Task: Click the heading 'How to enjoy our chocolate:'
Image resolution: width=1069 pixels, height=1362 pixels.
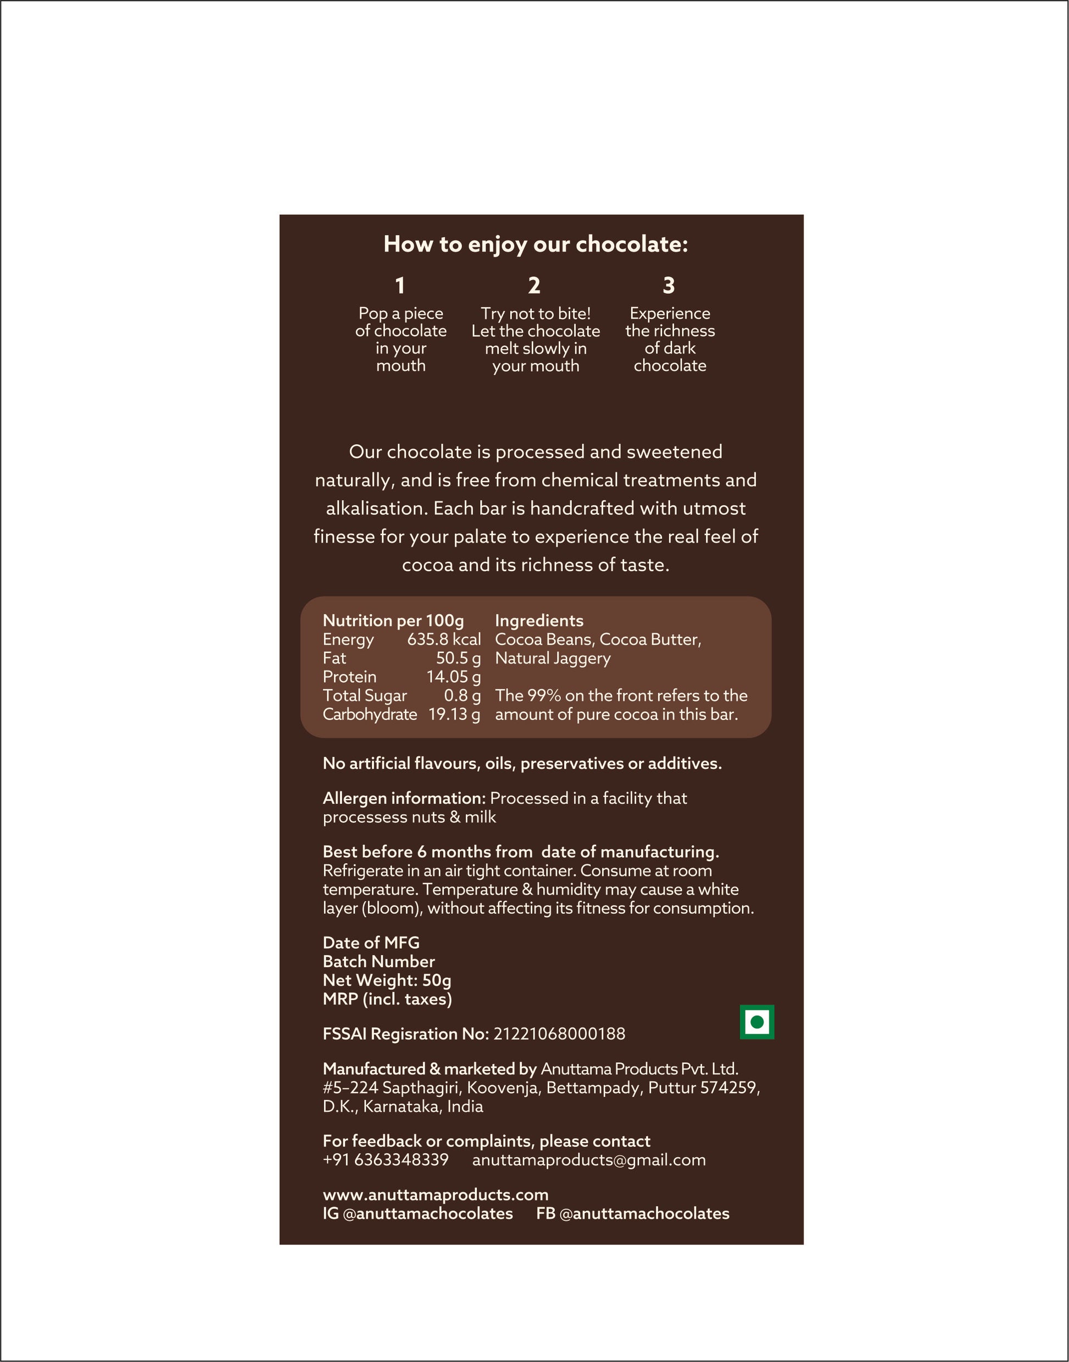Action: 535,244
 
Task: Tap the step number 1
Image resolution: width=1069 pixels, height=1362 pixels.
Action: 400,286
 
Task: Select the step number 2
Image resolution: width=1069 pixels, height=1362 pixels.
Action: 534,286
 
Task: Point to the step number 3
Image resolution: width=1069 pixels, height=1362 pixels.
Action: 669,286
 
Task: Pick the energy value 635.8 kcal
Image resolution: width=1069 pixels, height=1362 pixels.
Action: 444,639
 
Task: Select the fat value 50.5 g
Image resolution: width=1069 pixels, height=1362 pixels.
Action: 458,658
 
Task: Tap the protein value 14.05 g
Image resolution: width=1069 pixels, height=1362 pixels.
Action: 453,677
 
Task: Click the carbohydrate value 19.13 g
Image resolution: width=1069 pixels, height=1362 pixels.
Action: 454,715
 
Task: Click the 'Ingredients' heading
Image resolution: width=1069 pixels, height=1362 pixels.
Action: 539,621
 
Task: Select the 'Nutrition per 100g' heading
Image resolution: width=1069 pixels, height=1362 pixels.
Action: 393,621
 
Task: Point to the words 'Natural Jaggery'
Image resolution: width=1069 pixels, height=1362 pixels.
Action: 553,658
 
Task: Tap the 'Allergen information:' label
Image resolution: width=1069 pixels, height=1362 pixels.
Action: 404,799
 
